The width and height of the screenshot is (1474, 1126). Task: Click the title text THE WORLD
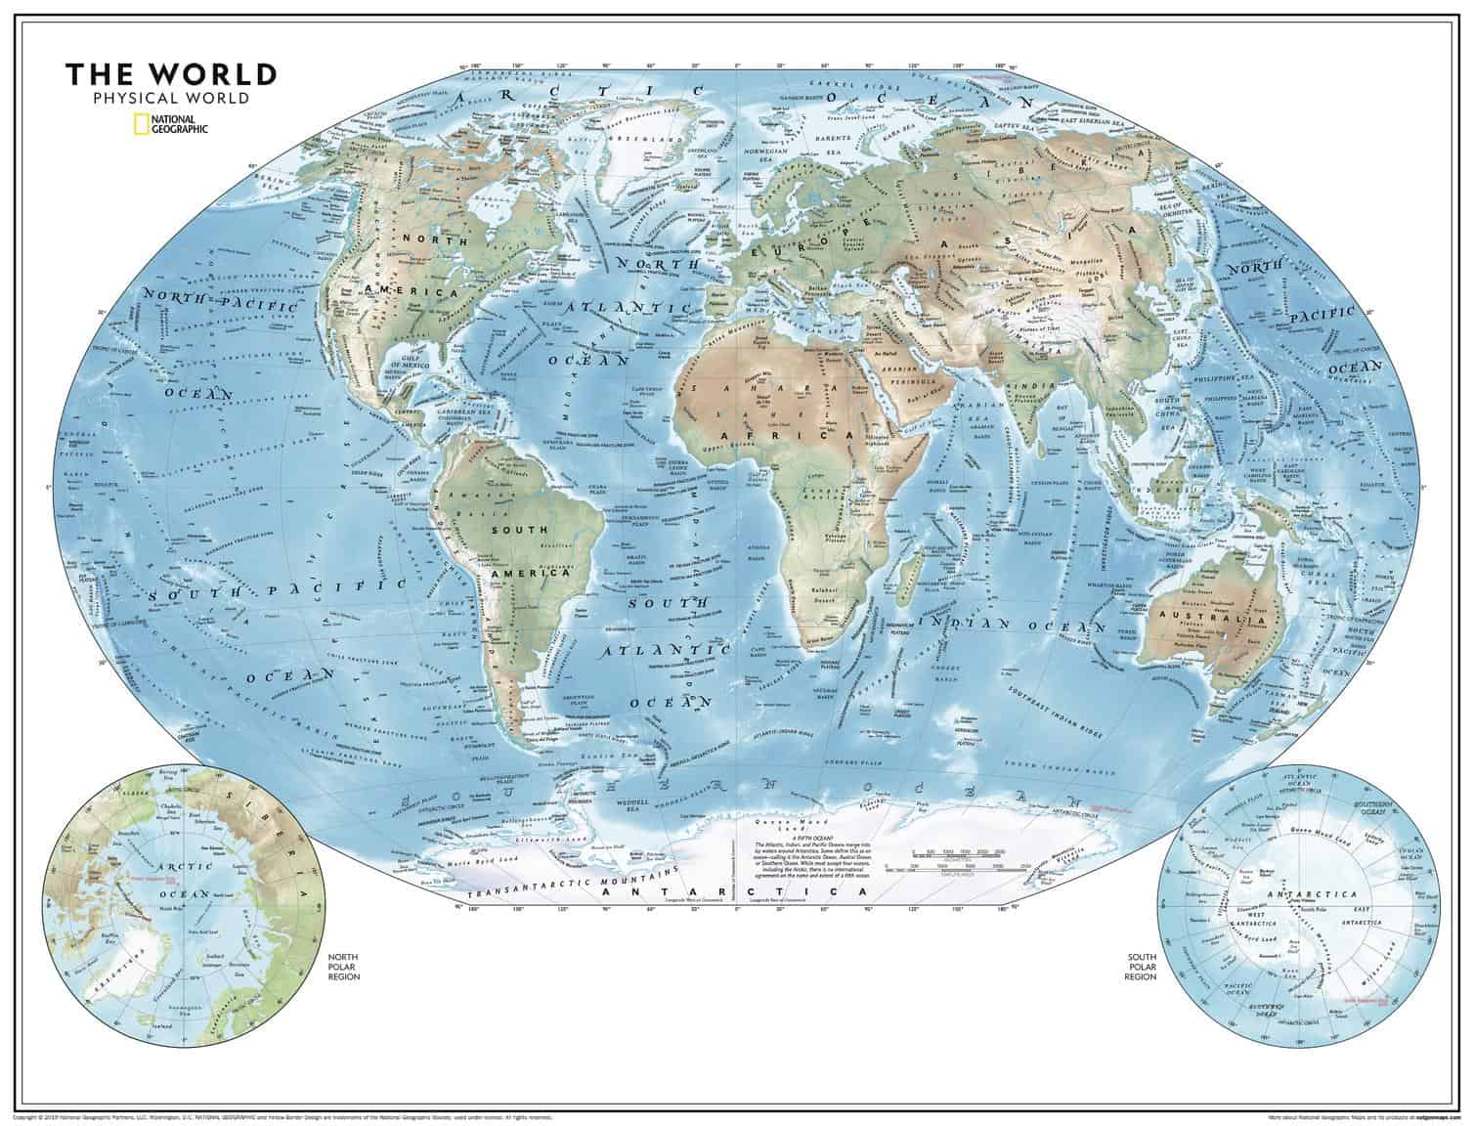click(x=171, y=74)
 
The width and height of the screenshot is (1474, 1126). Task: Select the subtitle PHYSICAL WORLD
click(x=171, y=98)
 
